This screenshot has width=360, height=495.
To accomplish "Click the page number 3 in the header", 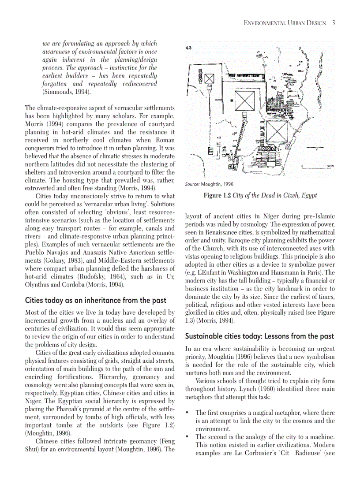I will coord(334,23).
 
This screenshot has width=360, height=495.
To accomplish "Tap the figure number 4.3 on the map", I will coord(188,48).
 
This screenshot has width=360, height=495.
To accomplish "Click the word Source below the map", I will coord(192,184).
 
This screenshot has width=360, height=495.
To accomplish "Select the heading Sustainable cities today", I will coord(259,336).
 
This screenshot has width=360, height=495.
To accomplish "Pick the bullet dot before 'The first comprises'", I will coord(188,413).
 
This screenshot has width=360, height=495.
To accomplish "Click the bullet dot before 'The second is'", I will coord(188,437).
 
